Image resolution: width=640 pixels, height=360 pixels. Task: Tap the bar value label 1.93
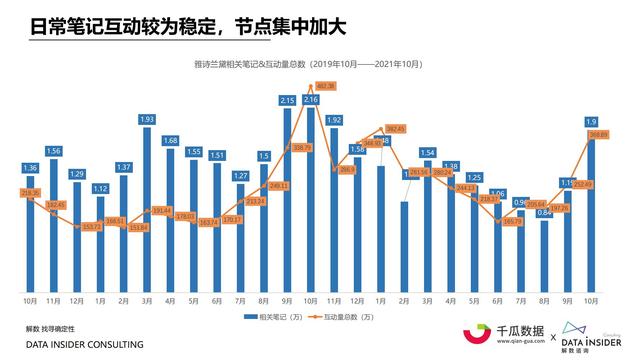(x=147, y=119)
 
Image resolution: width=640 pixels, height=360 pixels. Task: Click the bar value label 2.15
(x=287, y=101)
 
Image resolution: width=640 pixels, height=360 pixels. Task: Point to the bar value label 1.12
(x=100, y=189)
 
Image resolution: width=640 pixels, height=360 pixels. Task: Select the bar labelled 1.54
(x=428, y=225)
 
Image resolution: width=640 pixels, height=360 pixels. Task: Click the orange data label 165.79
(x=513, y=221)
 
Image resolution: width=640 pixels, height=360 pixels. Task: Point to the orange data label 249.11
(x=279, y=185)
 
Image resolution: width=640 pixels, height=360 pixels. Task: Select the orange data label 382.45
(x=395, y=129)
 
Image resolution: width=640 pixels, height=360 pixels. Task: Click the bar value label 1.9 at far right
(x=591, y=121)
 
